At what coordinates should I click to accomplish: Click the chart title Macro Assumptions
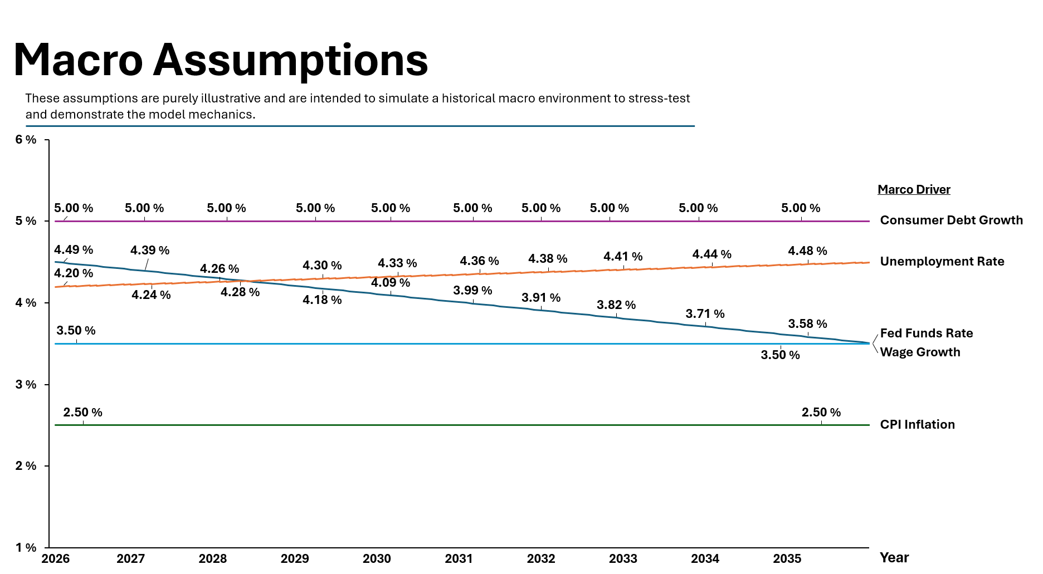click(221, 60)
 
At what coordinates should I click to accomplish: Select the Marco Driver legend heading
click(914, 190)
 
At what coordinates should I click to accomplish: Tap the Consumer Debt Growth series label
click(951, 220)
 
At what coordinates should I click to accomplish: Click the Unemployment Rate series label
click(942, 262)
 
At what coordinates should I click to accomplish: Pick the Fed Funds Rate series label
click(926, 333)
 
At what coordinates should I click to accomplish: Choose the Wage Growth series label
click(920, 352)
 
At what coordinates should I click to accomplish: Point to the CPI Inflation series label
click(917, 425)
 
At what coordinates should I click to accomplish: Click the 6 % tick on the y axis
click(26, 140)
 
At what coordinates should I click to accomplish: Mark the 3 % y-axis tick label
click(26, 385)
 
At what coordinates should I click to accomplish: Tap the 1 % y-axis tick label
click(26, 548)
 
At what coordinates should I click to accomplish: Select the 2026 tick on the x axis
click(56, 559)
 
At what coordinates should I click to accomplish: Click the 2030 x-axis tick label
click(377, 559)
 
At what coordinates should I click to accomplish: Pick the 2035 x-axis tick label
click(787, 559)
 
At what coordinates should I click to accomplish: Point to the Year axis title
click(894, 558)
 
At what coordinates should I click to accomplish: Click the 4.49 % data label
click(74, 250)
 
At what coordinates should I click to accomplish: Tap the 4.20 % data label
click(74, 273)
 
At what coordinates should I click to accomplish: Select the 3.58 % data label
click(807, 324)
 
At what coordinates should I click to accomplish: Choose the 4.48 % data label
click(807, 251)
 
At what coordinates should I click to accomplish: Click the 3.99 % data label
click(472, 291)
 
